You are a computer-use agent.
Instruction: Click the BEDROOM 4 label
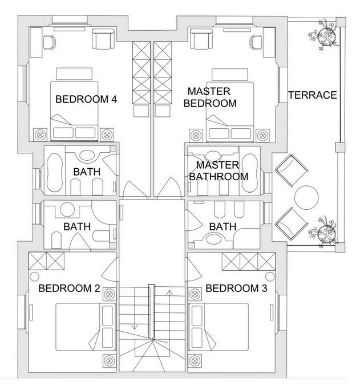[x=86, y=99]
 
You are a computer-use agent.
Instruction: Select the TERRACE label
[x=312, y=95]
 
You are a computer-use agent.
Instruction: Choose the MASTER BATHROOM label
[x=219, y=171]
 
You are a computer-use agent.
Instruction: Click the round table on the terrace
[x=306, y=197]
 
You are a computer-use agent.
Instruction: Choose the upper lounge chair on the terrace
[x=291, y=169]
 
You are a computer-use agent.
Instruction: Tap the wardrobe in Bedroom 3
[x=248, y=261]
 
